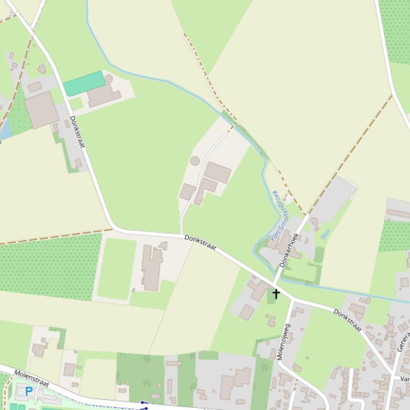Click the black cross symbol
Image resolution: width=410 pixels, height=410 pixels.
[276, 293]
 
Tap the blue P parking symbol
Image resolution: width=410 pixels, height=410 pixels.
[29, 391]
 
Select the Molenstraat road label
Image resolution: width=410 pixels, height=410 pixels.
[31, 379]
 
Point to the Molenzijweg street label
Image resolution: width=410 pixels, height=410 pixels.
[284, 342]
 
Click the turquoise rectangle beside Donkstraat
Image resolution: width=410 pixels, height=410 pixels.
[84, 84]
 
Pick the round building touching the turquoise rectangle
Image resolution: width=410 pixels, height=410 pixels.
[109, 79]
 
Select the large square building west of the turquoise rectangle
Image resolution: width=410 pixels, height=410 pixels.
[41, 110]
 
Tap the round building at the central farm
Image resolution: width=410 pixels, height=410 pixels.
[195, 161]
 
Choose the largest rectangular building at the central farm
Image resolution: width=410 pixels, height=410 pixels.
[217, 173]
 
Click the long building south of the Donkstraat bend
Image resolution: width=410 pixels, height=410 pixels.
[152, 268]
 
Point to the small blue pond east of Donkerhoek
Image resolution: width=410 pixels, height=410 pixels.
[325, 234]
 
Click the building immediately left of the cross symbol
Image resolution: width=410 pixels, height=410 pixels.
[259, 290]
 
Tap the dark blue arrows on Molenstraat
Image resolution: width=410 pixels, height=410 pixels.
[144, 406]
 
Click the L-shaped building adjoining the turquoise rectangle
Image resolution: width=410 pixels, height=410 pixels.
[103, 95]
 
